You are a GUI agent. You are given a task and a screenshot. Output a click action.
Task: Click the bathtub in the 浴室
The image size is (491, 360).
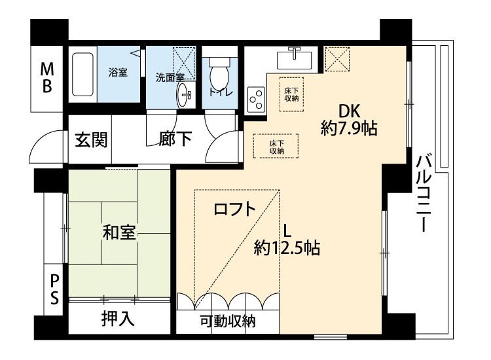[x=82, y=74]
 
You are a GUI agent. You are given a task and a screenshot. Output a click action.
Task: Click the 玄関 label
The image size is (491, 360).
[x=91, y=139]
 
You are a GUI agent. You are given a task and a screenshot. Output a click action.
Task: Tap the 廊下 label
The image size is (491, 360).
[x=175, y=139]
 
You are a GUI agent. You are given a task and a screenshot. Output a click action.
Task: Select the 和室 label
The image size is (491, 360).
[x=119, y=232]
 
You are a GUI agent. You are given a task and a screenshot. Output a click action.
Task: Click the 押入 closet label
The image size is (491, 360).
[x=118, y=319]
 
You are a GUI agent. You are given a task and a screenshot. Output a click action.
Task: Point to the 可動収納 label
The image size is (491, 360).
[x=228, y=321]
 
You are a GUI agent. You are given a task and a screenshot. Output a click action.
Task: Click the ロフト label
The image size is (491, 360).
[x=234, y=209]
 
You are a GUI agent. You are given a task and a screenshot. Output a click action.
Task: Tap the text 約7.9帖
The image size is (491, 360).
[x=349, y=128]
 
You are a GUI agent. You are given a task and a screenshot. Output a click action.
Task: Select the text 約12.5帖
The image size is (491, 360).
[x=287, y=247]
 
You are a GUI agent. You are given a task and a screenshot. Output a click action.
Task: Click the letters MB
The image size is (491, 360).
[x=47, y=78]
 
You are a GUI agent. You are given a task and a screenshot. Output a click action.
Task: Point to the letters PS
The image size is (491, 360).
[x=54, y=289]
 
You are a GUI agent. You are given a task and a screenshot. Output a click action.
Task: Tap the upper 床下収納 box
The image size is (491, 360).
[x=291, y=94]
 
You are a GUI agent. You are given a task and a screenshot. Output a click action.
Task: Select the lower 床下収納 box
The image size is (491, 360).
[x=276, y=146]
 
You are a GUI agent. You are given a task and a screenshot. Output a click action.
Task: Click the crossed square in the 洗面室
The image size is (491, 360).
[x=184, y=63]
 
